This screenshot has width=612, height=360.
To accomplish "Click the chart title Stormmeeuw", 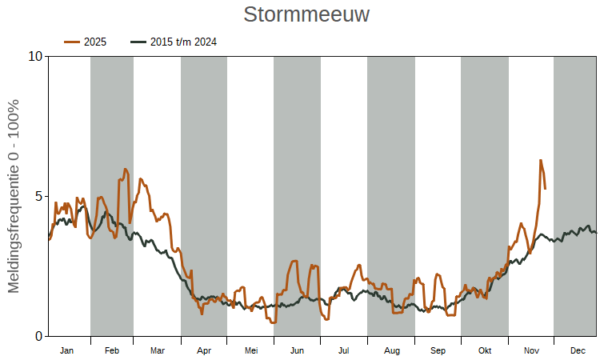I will coord(306,15).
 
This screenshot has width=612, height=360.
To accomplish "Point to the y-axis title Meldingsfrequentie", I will coord(14,196).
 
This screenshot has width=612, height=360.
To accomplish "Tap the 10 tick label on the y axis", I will coord(34,57).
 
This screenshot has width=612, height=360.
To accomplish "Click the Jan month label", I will coord(67,350).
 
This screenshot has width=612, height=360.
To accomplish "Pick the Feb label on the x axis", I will coord(112,350).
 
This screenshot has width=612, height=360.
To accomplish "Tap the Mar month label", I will coord(158,350).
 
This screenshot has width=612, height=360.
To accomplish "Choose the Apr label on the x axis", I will coord(204,350).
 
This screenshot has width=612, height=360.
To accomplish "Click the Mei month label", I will coord(251,350).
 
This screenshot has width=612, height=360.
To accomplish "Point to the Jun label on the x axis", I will coord(297,350).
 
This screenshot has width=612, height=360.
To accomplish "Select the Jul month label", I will coord(344,350).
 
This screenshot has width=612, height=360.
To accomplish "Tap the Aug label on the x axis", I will coord(391,350).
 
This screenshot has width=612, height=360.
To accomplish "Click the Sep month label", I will coord(438,350).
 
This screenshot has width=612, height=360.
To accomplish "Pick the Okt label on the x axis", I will coord(485,350).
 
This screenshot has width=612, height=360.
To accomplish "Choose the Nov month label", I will coord(531,350).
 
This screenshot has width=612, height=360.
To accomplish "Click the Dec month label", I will coord(578,350).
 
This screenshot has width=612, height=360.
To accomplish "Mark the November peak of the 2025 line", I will coord(541,160).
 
